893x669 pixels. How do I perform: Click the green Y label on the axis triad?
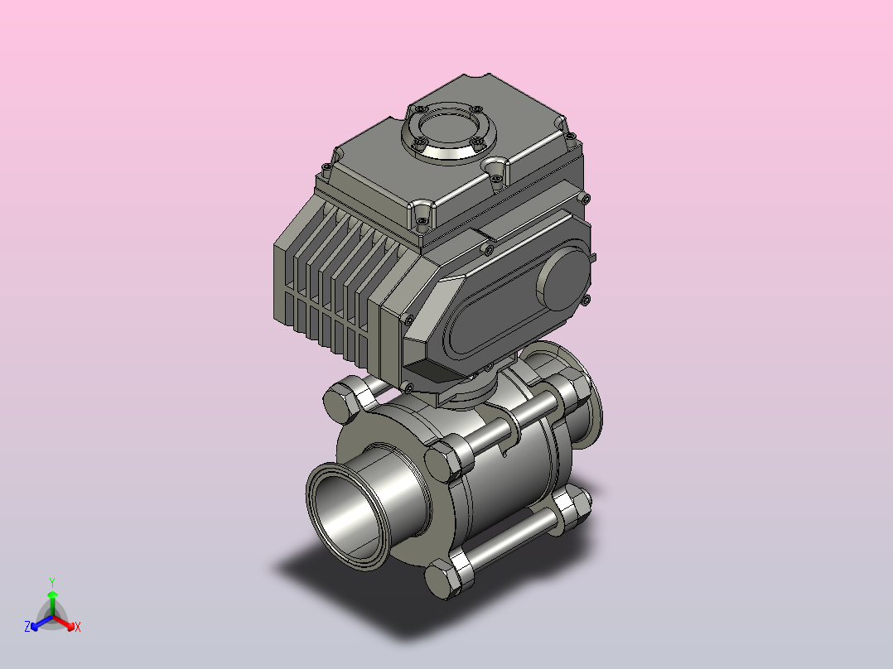tap(52, 582)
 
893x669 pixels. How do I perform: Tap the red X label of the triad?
tap(78, 627)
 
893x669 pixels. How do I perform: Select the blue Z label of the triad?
tap(27, 627)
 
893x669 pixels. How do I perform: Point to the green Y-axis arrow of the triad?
tap(52, 604)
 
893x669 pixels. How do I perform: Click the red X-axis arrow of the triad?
tap(65, 622)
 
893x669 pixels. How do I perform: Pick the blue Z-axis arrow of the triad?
tap(41, 622)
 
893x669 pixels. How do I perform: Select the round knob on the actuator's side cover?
tap(562, 281)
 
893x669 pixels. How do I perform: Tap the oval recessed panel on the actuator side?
tap(514, 301)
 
